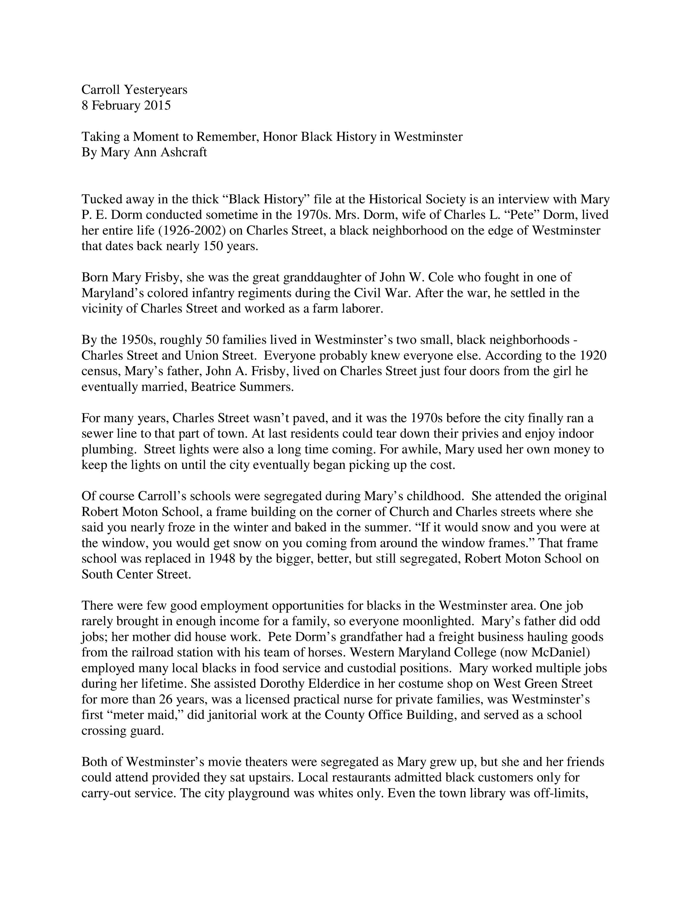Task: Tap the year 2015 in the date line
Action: coord(157,105)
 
